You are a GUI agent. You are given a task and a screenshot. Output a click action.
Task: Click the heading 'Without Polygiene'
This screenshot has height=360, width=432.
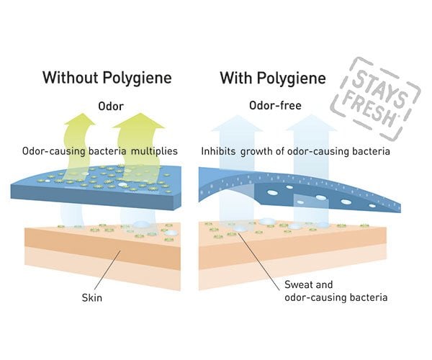click(x=107, y=78)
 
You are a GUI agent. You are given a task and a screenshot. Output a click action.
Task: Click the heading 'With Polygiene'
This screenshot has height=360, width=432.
click(x=273, y=78)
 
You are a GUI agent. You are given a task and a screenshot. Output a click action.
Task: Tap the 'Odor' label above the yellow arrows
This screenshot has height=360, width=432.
click(x=111, y=106)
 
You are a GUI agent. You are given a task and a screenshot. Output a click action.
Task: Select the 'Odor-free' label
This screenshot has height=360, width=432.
click(x=275, y=105)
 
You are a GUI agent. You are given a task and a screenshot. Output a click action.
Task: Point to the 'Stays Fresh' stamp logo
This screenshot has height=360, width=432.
click(x=376, y=98)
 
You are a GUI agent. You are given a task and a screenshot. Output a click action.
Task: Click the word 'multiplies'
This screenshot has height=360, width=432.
click(x=154, y=151)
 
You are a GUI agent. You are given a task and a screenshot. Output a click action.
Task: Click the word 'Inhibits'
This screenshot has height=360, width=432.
click(x=218, y=151)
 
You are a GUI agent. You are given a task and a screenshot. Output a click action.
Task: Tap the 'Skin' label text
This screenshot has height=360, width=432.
click(x=92, y=298)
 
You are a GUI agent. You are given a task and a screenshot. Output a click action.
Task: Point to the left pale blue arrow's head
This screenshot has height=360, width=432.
click(x=237, y=123)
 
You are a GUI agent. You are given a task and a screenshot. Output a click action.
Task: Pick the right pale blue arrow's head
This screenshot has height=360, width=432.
click(x=311, y=123)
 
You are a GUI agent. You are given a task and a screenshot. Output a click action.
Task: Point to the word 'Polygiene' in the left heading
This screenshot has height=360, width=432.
click(x=138, y=78)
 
